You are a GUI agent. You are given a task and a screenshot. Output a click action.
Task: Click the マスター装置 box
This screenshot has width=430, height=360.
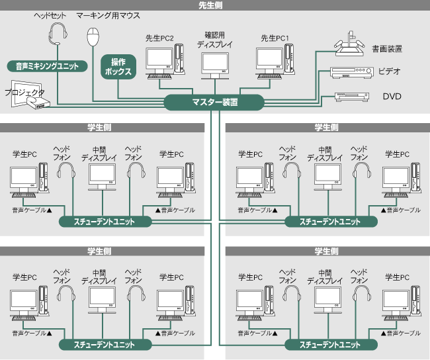(214, 103)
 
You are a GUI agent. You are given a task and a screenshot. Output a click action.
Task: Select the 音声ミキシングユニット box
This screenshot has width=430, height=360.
(46, 66)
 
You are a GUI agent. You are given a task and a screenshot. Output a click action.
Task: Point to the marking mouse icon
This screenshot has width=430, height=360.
(94, 35)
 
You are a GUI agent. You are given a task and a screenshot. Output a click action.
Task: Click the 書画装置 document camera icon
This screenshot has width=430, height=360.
(351, 44)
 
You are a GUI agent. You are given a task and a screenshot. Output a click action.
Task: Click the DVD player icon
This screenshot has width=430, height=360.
(350, 97)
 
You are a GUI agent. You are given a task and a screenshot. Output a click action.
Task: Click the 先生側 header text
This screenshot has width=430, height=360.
(214, 5)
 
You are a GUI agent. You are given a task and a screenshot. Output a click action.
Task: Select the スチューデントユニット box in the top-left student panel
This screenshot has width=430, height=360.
(105, 222)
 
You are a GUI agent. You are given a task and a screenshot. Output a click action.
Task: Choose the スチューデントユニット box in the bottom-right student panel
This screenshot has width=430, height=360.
(330, 345)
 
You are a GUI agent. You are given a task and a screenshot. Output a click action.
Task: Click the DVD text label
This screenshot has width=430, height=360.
(392, 97)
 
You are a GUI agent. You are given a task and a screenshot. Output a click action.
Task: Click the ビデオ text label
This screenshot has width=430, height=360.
(390, 71)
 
